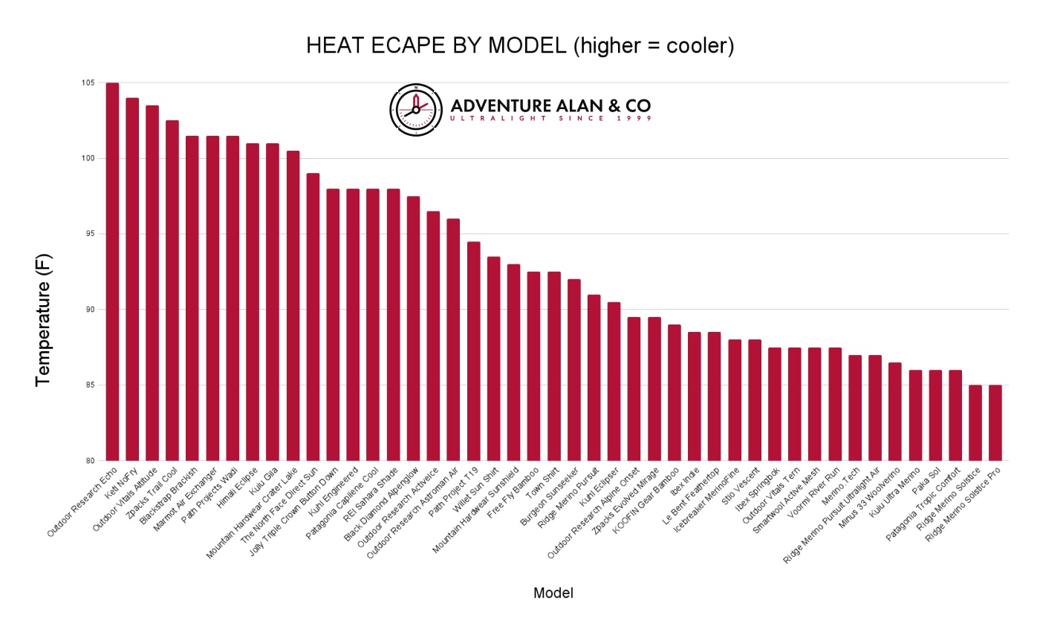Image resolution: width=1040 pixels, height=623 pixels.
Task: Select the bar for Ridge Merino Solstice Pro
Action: pyautogui.click(x=995, y=423)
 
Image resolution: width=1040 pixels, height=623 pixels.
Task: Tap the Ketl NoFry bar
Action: pyautogui.click(x=132, y=278)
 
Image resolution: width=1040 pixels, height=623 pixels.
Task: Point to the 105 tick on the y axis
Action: pyautogui.click(x=88, y=82)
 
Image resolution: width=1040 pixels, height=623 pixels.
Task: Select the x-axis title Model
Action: pyautogui.click(x=553, y=593)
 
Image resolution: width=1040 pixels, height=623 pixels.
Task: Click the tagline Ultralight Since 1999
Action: pyautogui.click(x=550, y=119)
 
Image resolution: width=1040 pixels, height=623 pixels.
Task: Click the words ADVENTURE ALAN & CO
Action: pyautogui.click(x=550, y=105)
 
